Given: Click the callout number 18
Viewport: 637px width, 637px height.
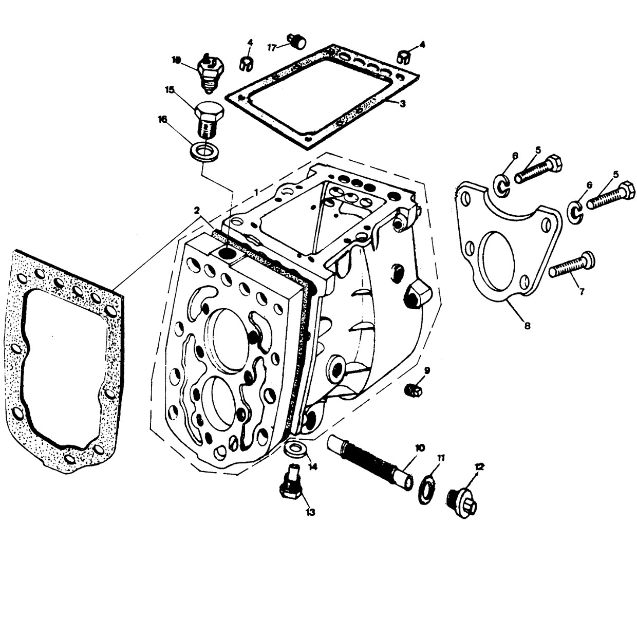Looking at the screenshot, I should [x=177, y=60].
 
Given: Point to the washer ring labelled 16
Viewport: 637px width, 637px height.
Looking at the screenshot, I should [x=204, y=152].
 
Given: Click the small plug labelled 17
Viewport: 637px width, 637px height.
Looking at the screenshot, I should [x=296, y=41].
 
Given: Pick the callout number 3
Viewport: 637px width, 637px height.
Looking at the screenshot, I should [x=402, y=103].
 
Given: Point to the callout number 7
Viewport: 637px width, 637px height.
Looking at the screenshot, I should [x=582, y=292].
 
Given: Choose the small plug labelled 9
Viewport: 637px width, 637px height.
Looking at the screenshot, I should [x=414, y=390].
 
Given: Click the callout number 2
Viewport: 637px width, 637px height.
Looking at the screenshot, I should [x=196, y=210].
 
